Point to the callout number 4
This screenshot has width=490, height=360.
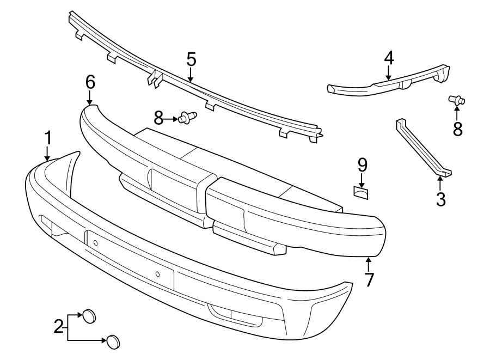point(389,57)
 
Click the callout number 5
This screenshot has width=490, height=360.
point(191,59)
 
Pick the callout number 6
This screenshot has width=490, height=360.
point(90,82)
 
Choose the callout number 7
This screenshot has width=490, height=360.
point(369,280)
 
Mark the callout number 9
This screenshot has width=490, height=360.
point(363,164)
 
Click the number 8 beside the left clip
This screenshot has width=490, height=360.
point(158,117)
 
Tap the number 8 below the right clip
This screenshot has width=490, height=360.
point(457,129)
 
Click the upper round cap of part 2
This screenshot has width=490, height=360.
point(89,315)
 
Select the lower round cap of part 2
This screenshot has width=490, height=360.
point(113,341)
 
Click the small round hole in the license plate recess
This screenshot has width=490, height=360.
point(157,274)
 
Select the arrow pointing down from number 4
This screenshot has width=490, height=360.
point(389,74)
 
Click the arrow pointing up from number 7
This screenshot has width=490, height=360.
point(369,264)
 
